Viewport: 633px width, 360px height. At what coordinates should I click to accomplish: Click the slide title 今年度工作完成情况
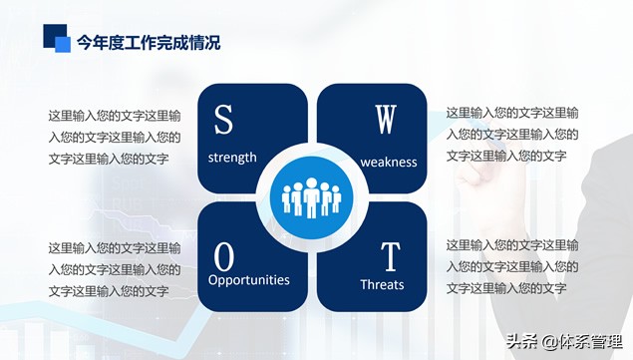coord(149,42)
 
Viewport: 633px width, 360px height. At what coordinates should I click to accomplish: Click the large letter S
coord(223,120)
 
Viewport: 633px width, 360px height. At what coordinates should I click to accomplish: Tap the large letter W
coord(386,120)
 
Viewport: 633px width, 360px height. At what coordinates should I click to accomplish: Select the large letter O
coord(224,257)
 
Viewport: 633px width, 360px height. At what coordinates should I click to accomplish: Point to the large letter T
coord(391,257)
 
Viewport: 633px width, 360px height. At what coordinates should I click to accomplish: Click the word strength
coord(232,158)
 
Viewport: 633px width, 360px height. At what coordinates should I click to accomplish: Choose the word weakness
coord(389,162)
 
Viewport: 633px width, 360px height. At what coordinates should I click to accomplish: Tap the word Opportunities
coord(248,280)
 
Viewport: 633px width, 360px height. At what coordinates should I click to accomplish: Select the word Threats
coord(382,284)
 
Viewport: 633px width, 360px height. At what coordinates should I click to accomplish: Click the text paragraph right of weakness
coord(511,135)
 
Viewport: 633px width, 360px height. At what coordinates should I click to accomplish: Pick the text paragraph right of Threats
coord(511,267)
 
